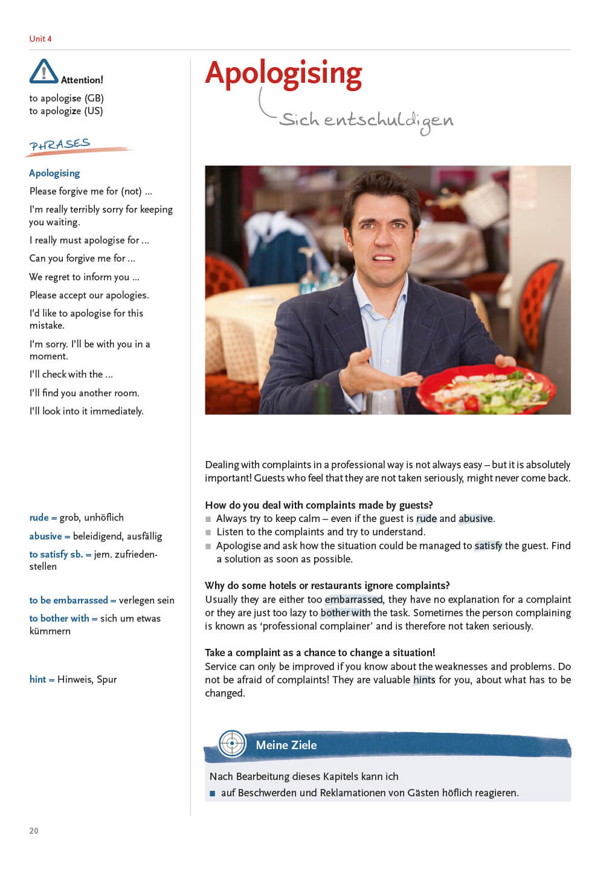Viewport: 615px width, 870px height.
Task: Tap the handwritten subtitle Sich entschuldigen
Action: [x=366, y=120]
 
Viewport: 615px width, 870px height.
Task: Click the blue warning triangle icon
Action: [x=43, y=71]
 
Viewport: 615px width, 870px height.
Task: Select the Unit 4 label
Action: [x=40, y=39]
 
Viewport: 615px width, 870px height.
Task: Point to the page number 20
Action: [x=34, y=831]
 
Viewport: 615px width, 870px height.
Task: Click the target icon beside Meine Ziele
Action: [x=232, y=743]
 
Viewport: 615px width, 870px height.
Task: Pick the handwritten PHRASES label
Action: [x=60, y=145]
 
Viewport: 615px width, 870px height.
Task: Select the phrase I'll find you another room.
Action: [x=85, y=393]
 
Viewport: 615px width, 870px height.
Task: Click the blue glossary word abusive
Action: [x=45, y=536]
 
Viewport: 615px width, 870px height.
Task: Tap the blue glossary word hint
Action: [x=37, y=679]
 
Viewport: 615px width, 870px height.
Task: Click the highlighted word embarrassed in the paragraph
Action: [x=353, y=599]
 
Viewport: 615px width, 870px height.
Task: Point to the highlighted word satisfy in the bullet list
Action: [x=488, y=546]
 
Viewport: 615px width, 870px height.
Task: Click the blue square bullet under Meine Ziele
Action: [x=212, y=793]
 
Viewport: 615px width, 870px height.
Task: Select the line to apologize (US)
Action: [x=66, y=111]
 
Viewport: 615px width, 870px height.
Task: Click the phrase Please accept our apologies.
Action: [x=89, y=295]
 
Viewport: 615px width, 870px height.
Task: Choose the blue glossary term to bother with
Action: [x=59, y=618]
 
